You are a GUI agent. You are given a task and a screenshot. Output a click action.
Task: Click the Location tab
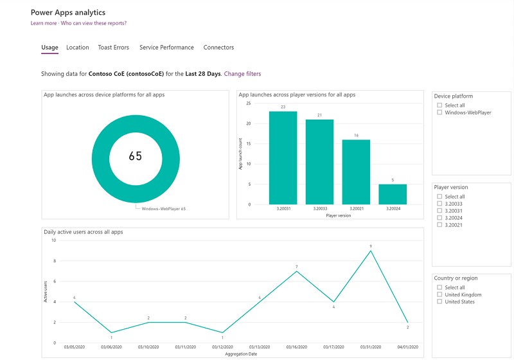pos(78,48)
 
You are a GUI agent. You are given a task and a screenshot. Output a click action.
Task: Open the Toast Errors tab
pos(113,48)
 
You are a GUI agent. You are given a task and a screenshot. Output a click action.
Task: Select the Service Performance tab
pos(166,48)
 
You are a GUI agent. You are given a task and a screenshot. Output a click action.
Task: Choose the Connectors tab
pos(218,48)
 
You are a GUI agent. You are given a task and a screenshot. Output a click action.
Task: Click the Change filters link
pos(242,74)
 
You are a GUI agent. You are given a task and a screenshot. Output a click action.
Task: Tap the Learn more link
pos(44,23)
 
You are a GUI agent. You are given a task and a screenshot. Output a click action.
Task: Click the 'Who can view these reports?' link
pos(94,23)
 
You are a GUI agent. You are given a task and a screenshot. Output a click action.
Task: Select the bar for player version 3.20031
pos(283,157)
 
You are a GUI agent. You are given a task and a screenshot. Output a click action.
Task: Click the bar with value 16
pos(356,172)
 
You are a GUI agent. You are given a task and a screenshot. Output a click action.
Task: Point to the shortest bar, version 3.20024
pos(393,194)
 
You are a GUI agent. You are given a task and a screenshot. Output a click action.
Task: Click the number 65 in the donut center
pos(136,156)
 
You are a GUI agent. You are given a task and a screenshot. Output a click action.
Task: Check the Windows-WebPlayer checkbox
pos(439,113)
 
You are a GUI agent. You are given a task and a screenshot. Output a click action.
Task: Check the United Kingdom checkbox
pos(439,295)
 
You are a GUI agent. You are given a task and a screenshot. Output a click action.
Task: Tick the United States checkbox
pos(439,302)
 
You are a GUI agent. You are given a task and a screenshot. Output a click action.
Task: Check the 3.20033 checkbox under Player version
pos(439,204)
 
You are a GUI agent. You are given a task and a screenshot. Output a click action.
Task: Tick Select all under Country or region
pos(439,288)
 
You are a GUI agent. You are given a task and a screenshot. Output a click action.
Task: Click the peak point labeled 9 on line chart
pos(371,251)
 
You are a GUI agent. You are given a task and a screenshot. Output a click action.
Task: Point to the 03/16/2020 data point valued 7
pos(296,271)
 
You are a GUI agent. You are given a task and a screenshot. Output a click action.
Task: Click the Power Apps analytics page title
pos(68,12)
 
